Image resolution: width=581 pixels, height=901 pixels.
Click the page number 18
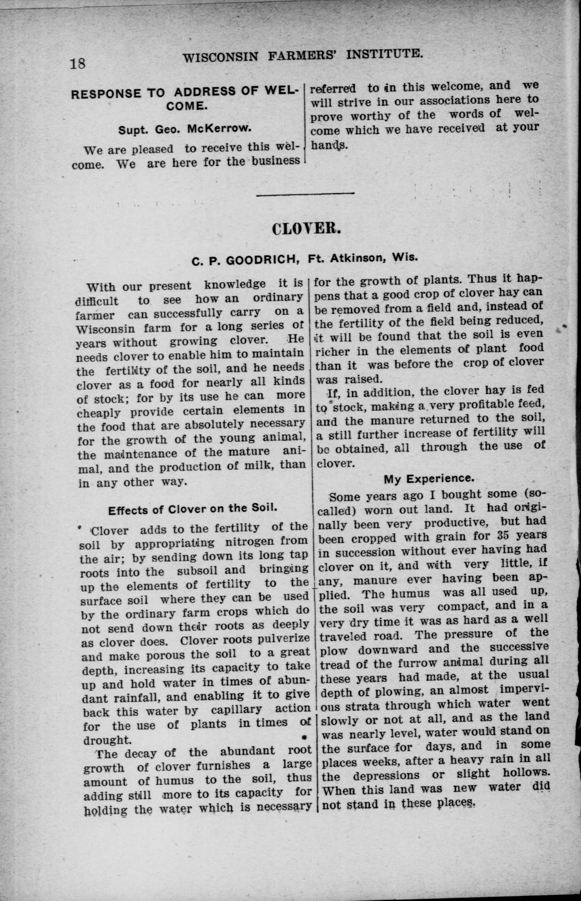78,63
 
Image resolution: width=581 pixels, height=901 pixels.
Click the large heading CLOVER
306,228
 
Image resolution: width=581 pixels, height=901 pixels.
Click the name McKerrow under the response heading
219,129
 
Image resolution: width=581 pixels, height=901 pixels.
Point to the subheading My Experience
429,478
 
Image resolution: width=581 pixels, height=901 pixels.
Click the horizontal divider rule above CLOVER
305,194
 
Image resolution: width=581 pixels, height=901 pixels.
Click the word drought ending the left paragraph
107,740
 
